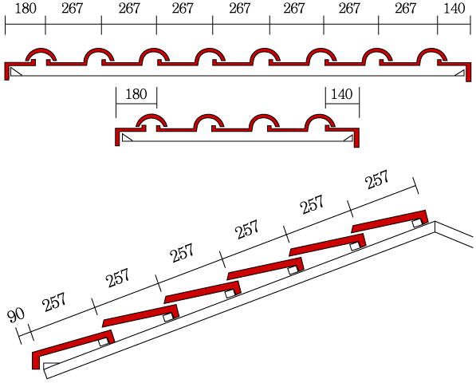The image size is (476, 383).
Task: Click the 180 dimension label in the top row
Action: click(x=26, y=8)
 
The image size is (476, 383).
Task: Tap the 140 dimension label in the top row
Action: click(x=454, y=8)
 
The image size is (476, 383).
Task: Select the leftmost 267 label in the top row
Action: click(x=72, y=8)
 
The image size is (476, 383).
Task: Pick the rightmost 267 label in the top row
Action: click(x=405, y=8)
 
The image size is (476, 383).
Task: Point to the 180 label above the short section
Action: click(x=136, y=94)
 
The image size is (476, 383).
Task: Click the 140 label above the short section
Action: click(x=341, y=94)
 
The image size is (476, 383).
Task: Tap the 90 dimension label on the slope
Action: click(x=16, y=316)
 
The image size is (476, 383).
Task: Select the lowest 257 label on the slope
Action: click(x=54, y=302)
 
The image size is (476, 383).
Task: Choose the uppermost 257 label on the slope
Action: click(x=376, y=180)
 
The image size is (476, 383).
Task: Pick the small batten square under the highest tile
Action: click(x=417, y=223)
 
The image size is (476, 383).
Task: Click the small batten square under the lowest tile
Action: click(x=104, y=342)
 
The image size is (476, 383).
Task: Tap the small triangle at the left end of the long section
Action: click(x=14, y=73)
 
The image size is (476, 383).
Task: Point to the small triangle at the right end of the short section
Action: click(x=349, y=139)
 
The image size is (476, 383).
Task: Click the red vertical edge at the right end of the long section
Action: click(x=468, y=73)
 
